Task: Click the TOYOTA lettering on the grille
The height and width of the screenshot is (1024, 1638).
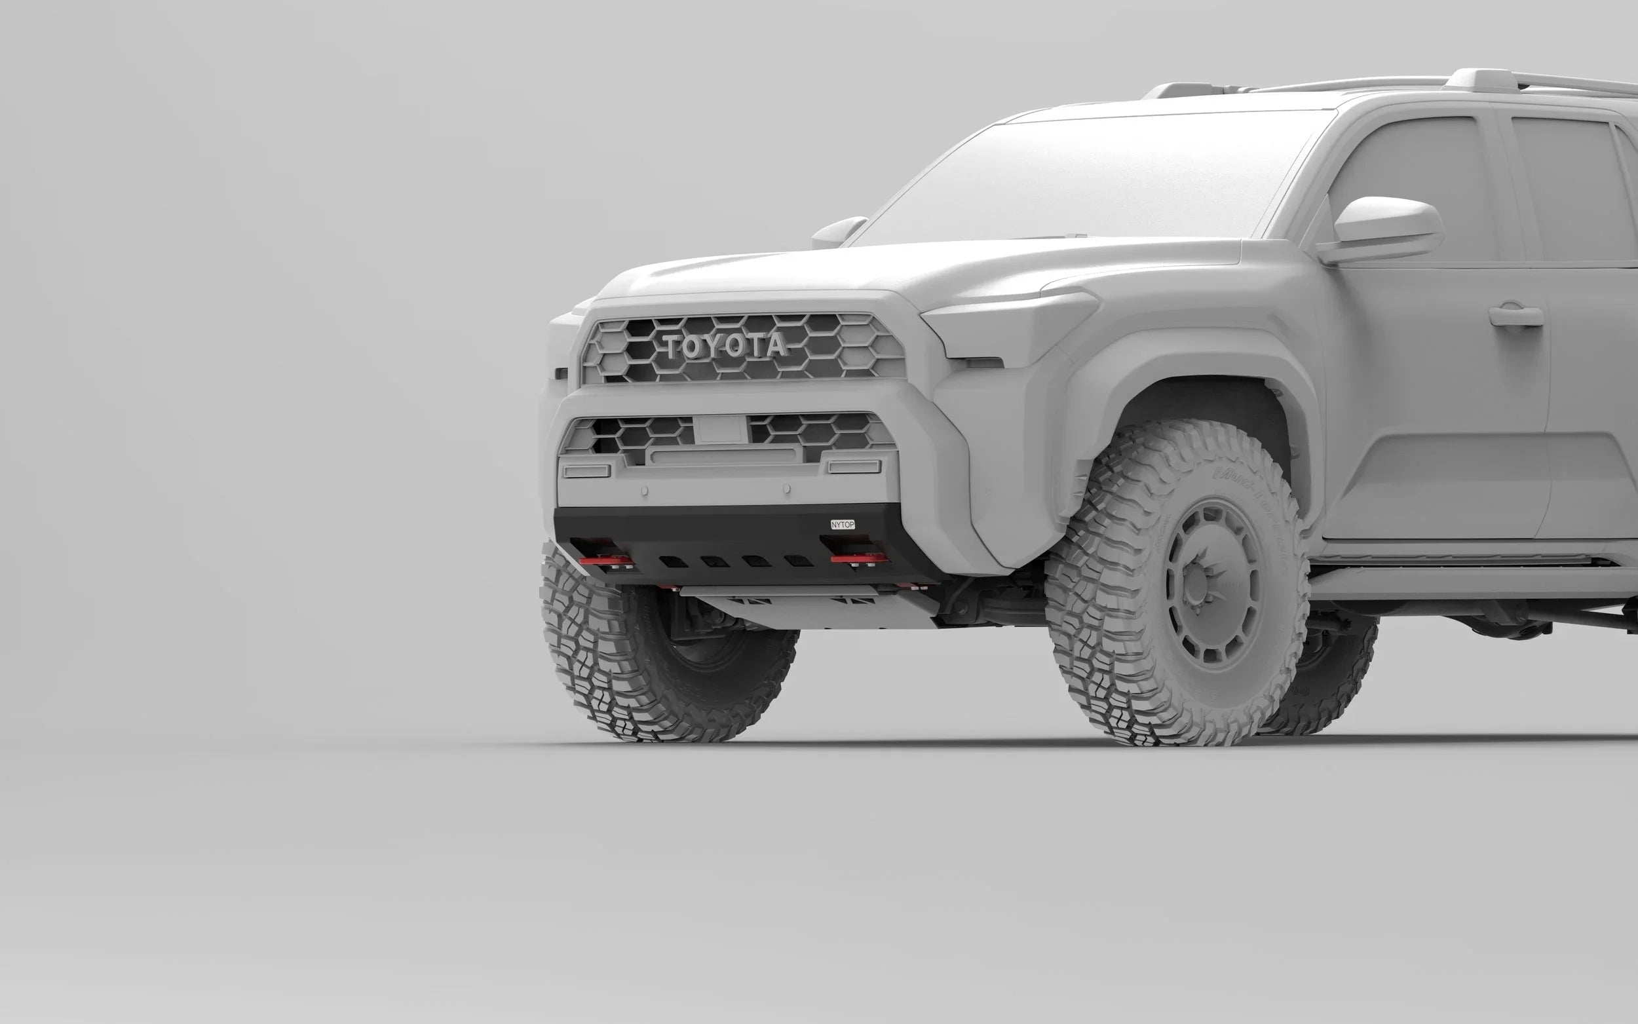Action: [725, 346]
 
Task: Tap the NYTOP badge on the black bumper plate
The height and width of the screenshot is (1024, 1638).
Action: [843, 524]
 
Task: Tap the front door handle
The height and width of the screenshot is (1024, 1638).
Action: [1515, 316]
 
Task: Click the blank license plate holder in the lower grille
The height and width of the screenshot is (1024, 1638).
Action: [720, 429]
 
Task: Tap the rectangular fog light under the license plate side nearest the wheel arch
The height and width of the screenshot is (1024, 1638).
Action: [854, 466]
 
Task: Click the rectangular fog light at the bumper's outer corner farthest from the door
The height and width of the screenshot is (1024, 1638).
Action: [586, 470]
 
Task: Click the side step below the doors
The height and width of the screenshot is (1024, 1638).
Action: [1470, 582]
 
